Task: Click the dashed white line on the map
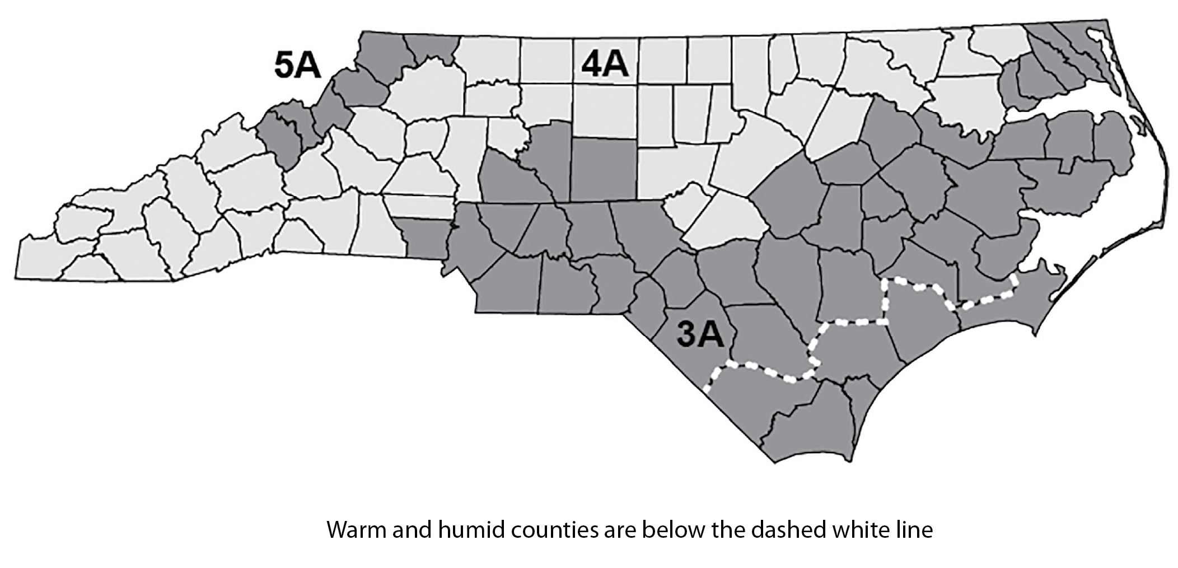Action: click(x=851, y=323)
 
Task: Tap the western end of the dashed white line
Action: click(x=707, y=387)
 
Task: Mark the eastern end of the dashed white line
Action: click(x=1015, y=277)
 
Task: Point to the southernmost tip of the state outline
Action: click(x=774, y=462)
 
